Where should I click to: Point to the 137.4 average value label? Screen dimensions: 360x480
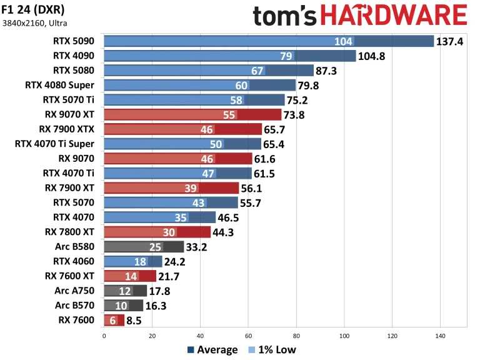click(450, 41)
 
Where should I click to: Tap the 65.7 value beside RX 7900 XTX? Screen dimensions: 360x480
click(277, 129)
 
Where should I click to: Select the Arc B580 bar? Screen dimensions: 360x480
click(144, 247)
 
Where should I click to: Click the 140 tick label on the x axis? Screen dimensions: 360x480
click(441, 336)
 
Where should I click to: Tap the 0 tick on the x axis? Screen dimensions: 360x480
click(104, 336)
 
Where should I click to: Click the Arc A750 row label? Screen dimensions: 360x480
click(76, 291)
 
